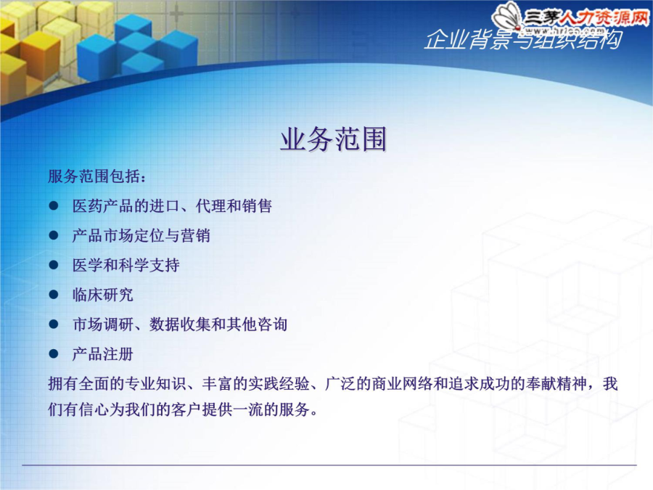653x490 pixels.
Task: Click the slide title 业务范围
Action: coord(333,139)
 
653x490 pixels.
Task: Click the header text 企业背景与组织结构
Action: coord(523,40)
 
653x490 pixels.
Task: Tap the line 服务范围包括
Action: coord(97,176)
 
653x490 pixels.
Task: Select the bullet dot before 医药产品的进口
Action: coord(53,206)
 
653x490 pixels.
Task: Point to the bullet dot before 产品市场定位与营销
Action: coord(53,235)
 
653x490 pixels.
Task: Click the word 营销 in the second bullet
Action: coord(195,235)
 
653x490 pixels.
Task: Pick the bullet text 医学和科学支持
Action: coord(126,265)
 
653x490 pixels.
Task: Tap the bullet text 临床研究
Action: coord(103,295)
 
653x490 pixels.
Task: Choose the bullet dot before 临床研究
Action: coord(53,295)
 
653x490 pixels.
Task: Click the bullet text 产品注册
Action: coord(103,354)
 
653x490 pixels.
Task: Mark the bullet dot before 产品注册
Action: coord(53,354)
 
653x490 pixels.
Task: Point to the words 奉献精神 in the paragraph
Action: coord(557,384)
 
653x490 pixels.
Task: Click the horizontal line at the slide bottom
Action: coord(329,465)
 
